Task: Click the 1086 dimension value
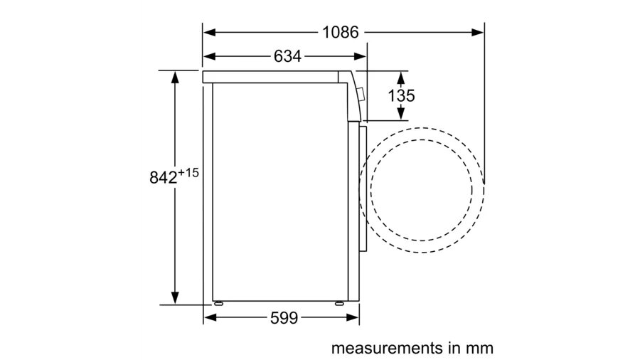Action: point(341,32)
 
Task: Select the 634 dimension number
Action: point(287,56)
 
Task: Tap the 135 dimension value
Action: point(401,95)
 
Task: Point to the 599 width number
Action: point(284,317)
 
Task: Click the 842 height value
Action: point(164,178)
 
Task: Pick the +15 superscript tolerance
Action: point(188,173)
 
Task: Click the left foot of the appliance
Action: point(218,303)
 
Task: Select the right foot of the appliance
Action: point(339,303)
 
